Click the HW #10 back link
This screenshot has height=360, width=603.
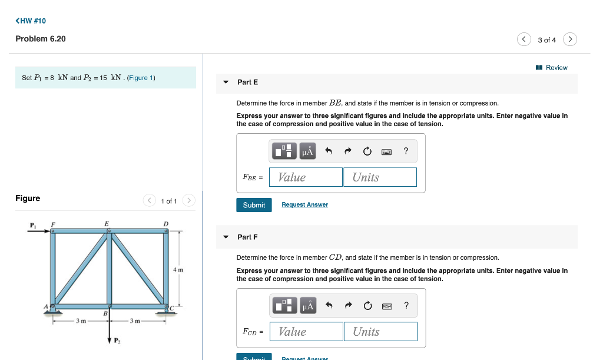31,21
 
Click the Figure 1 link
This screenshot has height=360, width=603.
141,78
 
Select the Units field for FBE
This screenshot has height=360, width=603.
380,177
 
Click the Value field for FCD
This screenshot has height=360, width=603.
306,332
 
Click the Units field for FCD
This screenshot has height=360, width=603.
380,332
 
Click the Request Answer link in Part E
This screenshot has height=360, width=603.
304,205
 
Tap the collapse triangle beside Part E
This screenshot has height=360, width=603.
226,82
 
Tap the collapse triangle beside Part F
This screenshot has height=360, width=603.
226,237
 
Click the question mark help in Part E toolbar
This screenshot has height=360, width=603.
406,151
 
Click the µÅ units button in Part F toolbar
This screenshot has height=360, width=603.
308,306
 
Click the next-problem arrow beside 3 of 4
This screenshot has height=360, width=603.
569,39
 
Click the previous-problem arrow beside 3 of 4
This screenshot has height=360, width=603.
524,39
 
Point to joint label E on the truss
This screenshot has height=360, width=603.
107,223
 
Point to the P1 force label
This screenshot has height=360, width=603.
33,224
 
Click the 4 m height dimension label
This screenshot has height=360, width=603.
178,270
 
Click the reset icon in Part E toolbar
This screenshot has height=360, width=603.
367,152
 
